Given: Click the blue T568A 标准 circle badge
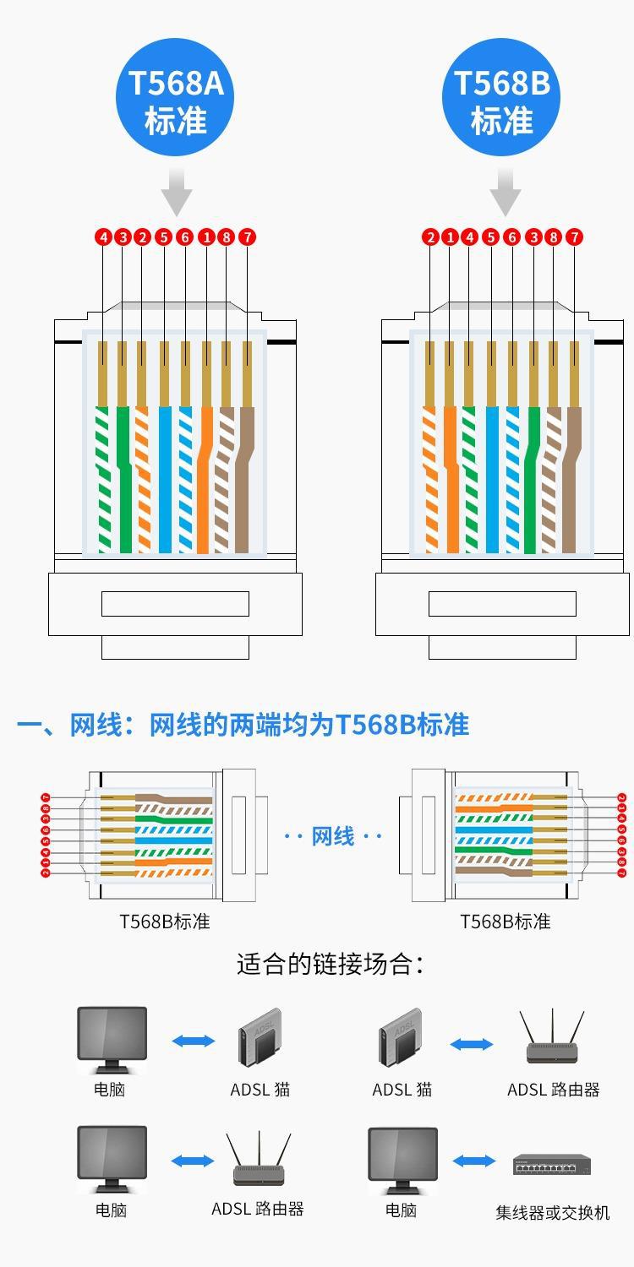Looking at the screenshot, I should coord(176,101).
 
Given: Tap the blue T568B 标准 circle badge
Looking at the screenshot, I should coord(502,101).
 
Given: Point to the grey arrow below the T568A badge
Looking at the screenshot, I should coord(177,192).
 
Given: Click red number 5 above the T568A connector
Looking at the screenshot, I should coord(163,237).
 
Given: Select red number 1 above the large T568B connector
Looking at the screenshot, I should coord(450,237).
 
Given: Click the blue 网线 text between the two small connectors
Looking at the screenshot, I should coord(333,836).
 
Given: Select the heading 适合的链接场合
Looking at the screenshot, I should coord(329,964).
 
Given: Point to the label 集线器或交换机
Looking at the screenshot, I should coord(552,1213).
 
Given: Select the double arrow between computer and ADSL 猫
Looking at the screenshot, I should coord(194,1041).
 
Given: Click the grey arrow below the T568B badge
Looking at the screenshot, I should coord(505,192).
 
